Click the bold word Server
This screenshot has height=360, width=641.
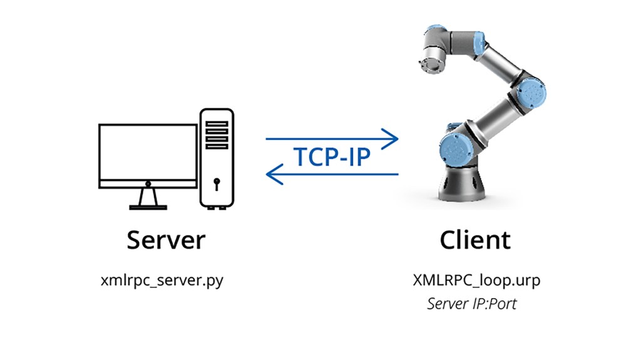point(166,240)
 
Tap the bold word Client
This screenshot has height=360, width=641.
point(475,240)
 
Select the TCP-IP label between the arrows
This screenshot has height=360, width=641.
point(332,157)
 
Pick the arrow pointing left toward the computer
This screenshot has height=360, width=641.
point(332,174)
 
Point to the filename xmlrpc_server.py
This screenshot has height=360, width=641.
point(162,280)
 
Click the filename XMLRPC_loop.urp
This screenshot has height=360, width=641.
point(476,280)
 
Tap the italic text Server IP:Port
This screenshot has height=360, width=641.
point(472,304)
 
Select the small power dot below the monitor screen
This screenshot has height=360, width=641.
point(148,183)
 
